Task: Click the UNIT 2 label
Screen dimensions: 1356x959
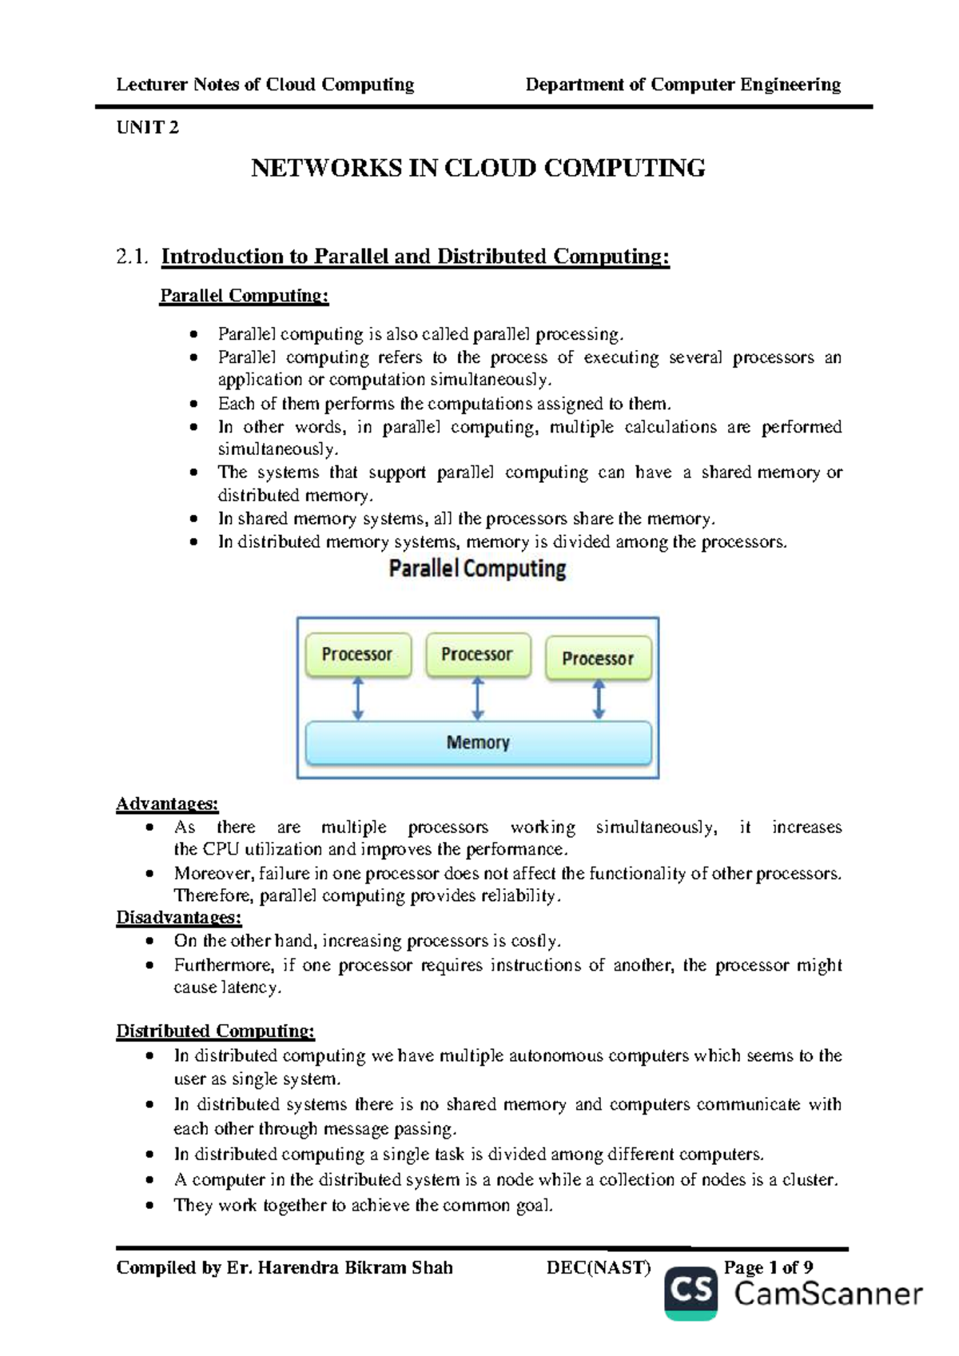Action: tap(148, 128)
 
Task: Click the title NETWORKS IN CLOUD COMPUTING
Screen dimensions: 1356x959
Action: tap(478, 169)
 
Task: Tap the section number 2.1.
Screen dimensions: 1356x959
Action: tap(132, 257)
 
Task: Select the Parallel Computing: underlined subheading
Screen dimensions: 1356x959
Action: tap(244, 296)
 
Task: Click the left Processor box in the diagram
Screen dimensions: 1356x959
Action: tap(357, 655)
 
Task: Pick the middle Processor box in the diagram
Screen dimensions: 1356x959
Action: tap(477, 655)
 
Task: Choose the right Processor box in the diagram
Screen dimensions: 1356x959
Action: tap(598, 659)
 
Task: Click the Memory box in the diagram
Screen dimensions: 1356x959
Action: tap(478, 743)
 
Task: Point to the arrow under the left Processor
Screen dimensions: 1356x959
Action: tap(358, 699)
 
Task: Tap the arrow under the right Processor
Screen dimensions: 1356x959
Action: tap(599, 700)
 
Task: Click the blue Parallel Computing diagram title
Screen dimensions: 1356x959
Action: tap(477, 569)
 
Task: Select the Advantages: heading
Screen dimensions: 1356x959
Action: tap(167, 804)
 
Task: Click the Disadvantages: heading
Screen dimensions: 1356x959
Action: tap(179, 917)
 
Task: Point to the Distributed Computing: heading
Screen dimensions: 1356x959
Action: tap(216, 1031)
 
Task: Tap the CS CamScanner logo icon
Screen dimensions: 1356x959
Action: tap(690, 1292)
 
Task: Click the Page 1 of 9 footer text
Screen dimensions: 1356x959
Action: tap(768, 1267)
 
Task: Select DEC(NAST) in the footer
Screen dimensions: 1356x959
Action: tap(599, 1267)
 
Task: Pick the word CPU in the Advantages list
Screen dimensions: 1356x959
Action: tap(221, 849)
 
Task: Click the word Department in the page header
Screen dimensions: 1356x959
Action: tap(575, 85)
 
